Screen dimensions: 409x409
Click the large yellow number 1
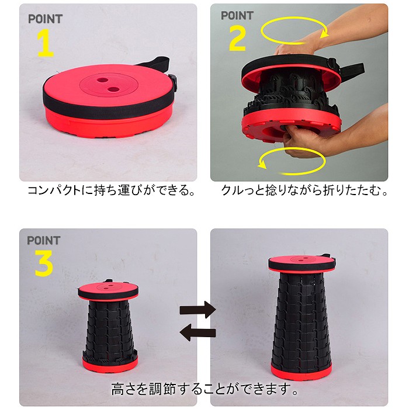pyautogui.click(x=46, y=43)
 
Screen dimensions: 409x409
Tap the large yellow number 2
pyautogui.click(x=237, y=39)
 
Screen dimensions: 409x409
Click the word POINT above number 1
pyautogui.click(x=45, y=19)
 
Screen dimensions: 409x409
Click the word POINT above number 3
pyautogui.click(x=44, y=240)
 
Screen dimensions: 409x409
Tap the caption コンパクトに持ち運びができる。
pyautogui.click(x=112, y=191)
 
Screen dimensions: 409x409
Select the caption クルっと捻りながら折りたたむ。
pyautogui.click(x=304, y=191)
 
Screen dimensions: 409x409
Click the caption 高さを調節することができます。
pyautogui.click(x=205, y=389)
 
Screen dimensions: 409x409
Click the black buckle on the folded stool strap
pyautogui.click(x=172, y=79)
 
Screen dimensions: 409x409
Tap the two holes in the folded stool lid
pyautogui.click(x=108, y=83)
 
